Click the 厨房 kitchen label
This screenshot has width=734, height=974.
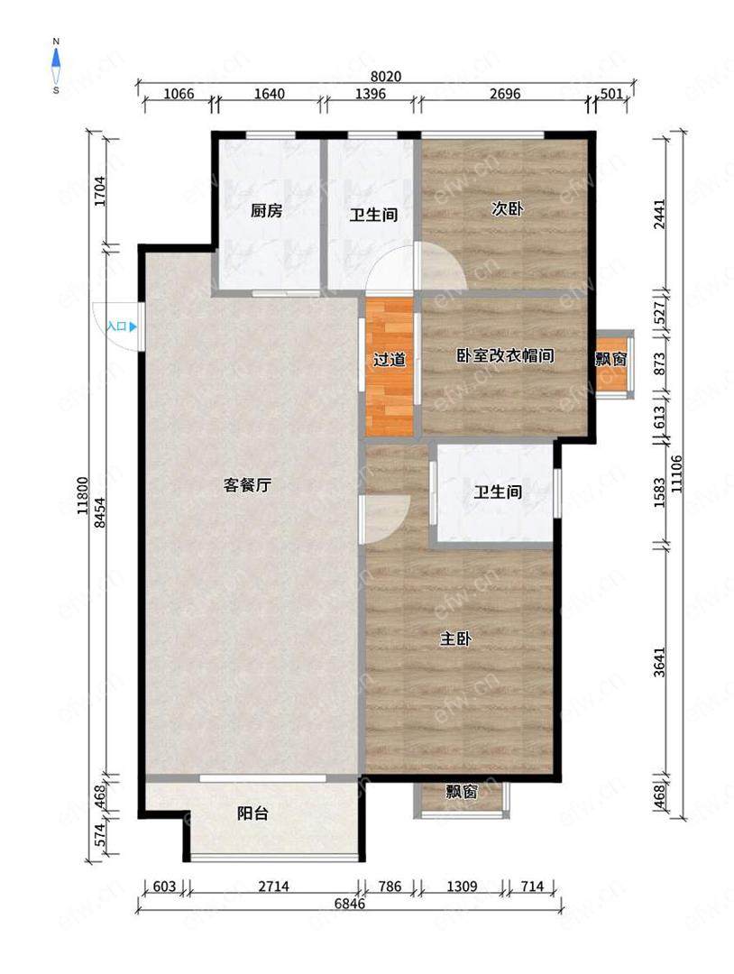pos(266,210)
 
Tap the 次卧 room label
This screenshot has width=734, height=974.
pos(507,208)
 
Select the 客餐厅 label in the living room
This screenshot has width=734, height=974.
pos(247,484)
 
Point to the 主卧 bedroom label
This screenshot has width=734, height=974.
pos(455,639)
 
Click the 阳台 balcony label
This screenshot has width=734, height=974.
pos(252,813)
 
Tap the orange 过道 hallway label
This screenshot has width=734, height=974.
pos(390,359)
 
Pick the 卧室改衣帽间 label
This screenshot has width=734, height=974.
pos(505,355)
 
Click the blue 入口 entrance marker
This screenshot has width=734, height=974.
pos(121,326)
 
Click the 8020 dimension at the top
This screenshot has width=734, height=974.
pos(386,77)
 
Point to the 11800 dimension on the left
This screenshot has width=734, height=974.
pos(83,496)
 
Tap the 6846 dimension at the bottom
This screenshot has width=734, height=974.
pos(350,904)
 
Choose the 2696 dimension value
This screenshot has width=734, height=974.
pos(505,94)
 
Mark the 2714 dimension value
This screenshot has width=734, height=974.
pos(273,887)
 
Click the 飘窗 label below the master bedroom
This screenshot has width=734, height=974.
pos(462,792)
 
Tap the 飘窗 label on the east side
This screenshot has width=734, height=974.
pos(611,359)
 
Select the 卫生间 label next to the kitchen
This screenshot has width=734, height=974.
pos(373,215)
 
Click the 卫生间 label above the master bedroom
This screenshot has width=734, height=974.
pos(498,492)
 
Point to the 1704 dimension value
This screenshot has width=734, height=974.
pos(101,192)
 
